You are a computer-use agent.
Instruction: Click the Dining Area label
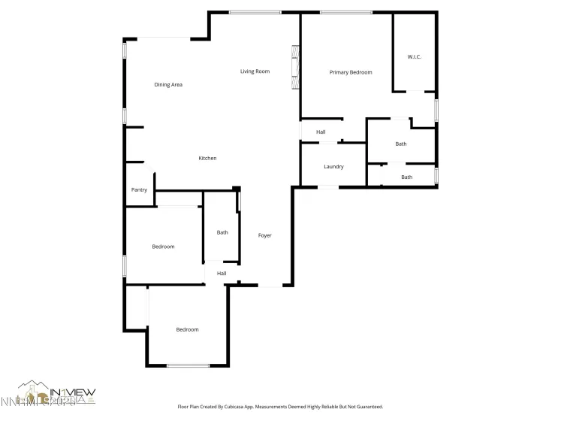[x=168, y=85]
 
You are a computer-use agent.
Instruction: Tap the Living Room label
[x=255, y=71]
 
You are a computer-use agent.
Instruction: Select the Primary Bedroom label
[x=351, y=72]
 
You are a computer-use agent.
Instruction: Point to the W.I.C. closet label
[x=415, y=57]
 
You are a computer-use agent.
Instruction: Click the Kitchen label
[x=207, y=158]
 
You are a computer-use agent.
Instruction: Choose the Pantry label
[x=139, y=190]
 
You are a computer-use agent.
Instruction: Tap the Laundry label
[x=333, y=166]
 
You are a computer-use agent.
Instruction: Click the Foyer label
[x=264, y=235]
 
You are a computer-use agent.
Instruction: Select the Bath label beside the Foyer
[x=222, y=232]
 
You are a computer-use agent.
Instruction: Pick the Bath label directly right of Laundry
[x=406, y=177]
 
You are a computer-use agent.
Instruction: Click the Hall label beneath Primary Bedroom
[x=321, y=132]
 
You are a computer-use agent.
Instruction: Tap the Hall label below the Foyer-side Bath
[x=222, y=273]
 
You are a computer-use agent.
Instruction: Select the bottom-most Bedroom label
[x=187, y=329]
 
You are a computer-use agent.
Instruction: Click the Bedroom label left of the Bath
[x=163, y=247]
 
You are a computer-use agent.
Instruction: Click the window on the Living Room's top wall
[x=255, y=12]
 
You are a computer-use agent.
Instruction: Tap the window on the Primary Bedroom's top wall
[x=345, y=12]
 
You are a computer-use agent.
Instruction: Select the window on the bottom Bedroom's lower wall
[x=188, y=365]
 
